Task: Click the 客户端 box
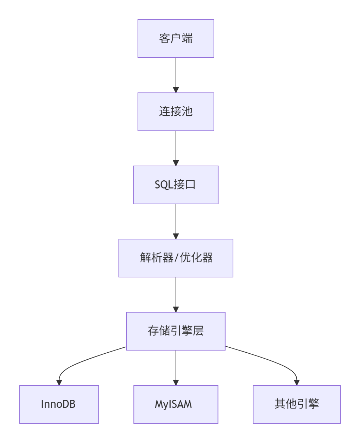176,39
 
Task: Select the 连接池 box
176,112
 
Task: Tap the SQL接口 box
176,185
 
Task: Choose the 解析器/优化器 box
176,258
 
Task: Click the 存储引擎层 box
176,331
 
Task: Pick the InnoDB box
59,404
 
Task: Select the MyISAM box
176,404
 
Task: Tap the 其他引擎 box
296,404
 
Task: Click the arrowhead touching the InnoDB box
59,382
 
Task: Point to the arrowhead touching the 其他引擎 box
297,382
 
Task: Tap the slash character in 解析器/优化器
177,258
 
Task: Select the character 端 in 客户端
187,38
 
